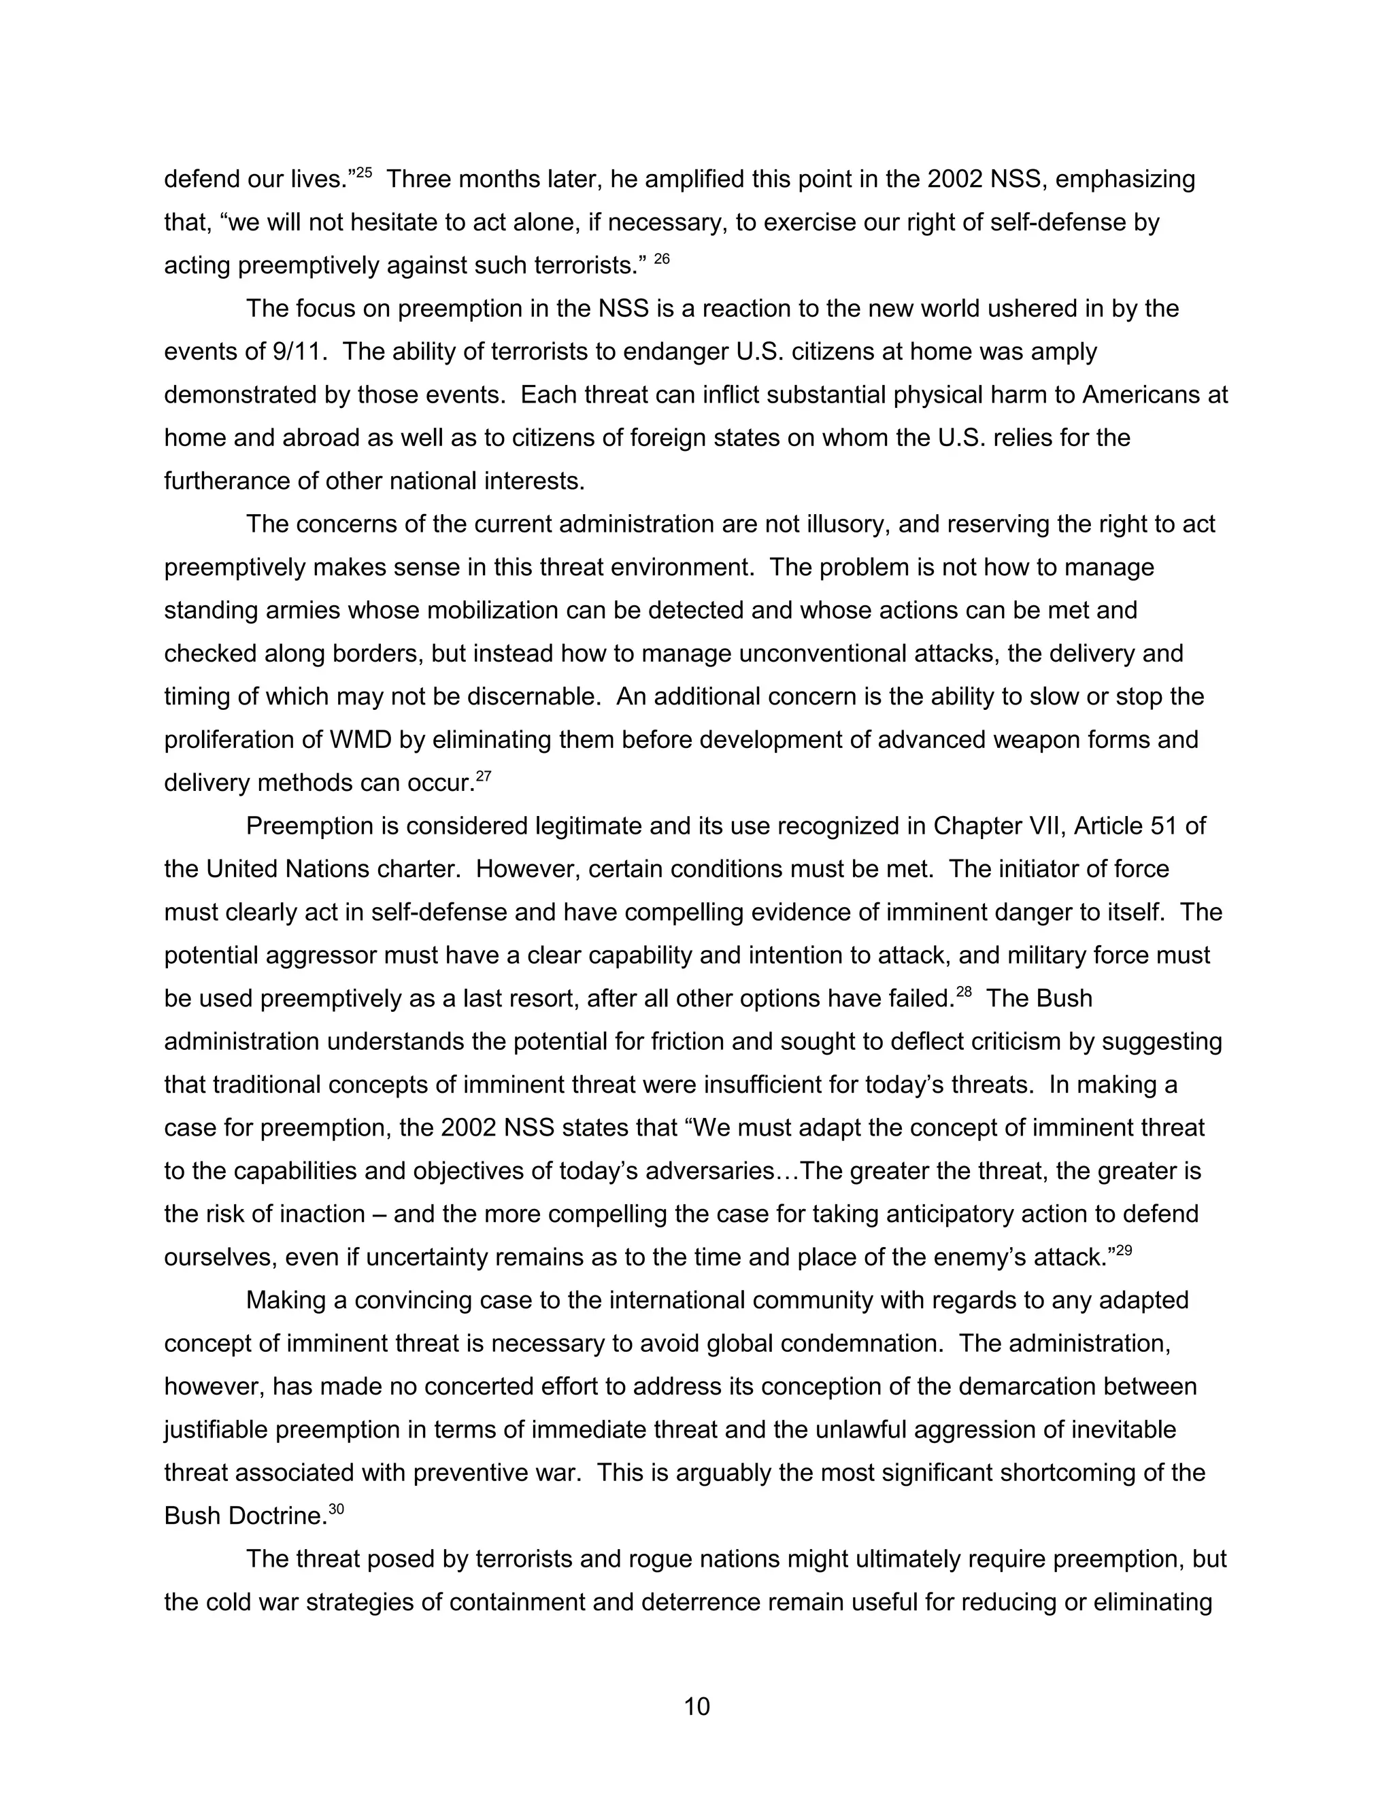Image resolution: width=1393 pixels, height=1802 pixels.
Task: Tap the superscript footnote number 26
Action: pos(662,259)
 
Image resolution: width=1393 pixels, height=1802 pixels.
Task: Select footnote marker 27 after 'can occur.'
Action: pos(484,776)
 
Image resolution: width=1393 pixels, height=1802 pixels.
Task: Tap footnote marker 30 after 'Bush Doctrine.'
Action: pos(336,1509)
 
